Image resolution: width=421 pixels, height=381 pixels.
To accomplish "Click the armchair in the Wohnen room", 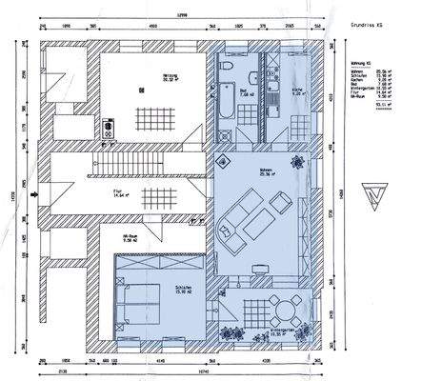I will tap(281, 201).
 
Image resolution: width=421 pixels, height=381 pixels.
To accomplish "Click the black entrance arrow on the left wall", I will tap(35, 194).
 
